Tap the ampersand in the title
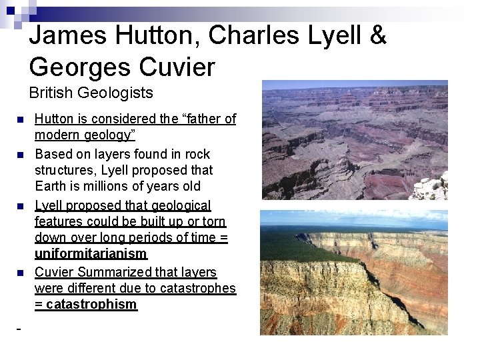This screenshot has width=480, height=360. (x=378, y=35)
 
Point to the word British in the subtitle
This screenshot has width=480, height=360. (x=53, y=93)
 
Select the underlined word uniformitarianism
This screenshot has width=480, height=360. (x=91, y=254)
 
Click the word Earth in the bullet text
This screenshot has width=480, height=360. (x=51, y=187)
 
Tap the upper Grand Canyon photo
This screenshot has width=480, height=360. (x=354, y=140)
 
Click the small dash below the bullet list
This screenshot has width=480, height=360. (x=18, y=329)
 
